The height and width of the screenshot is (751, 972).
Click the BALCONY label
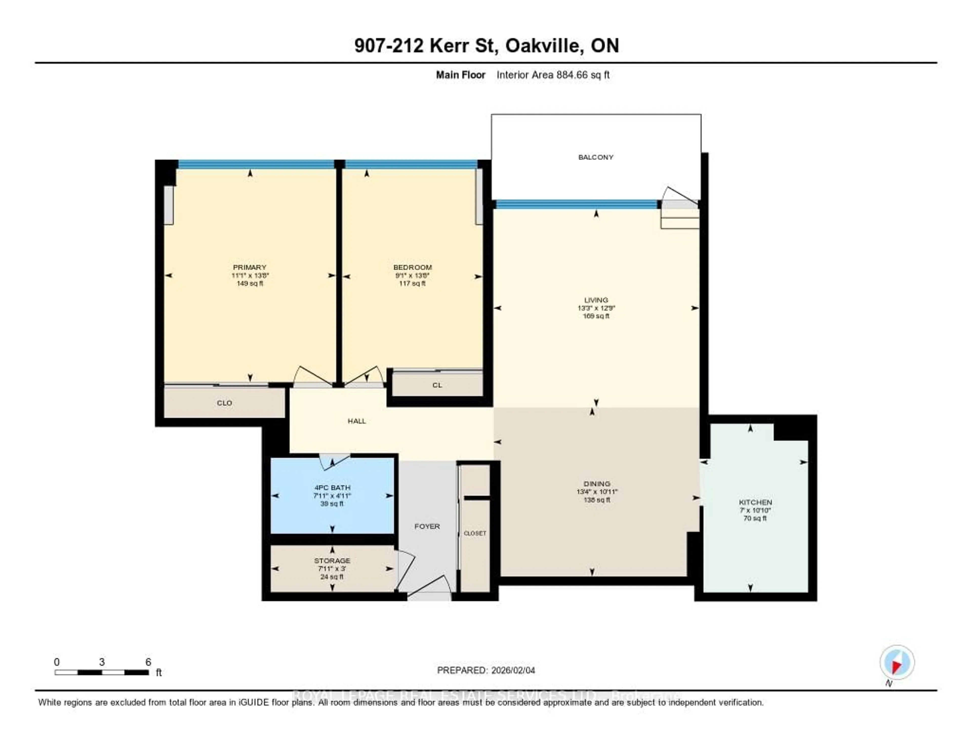tap(596, 157)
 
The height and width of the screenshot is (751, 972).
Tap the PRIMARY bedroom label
tap(249, 267)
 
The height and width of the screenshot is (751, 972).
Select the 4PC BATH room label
tap(332, 487)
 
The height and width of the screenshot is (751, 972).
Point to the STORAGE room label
tap(332, 561)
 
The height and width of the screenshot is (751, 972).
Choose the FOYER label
tap(427, 526)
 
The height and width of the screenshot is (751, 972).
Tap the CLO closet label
tap(224, 403)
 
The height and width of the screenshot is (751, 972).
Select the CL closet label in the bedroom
tap(437, 385)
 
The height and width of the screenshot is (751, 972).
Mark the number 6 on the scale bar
tap(148, 662)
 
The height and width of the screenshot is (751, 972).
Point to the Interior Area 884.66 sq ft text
tap(553, 75)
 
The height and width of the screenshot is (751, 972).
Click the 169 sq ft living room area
tap(596, 316)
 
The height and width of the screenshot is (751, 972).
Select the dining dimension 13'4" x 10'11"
tap(597, 492)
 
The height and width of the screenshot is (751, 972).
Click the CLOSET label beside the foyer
tap(475, 533)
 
